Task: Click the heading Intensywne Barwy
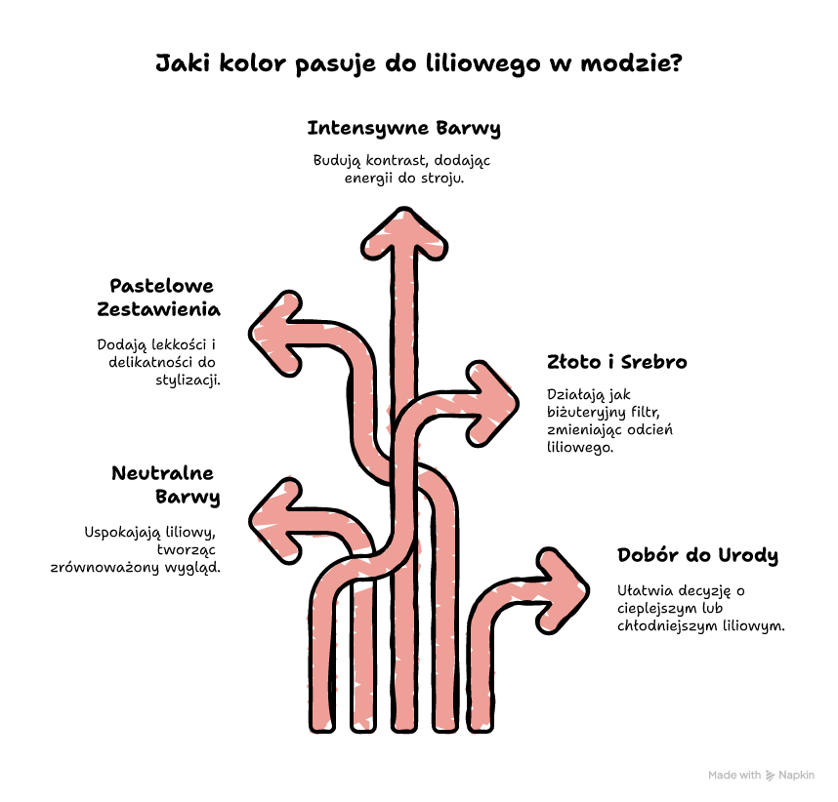point(404,129)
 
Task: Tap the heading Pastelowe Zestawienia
point(159,298)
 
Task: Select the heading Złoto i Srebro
point(616,362)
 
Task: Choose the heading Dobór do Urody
point(697,555)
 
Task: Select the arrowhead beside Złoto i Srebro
point(492,404)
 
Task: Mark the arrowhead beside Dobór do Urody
point(563,590)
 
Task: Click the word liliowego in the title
point(483,64)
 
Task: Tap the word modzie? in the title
point(632,63)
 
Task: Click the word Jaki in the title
point(184,63)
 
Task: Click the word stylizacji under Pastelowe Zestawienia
point(189,381)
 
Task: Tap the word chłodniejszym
point(668,625)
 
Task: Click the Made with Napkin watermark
point(761,776)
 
